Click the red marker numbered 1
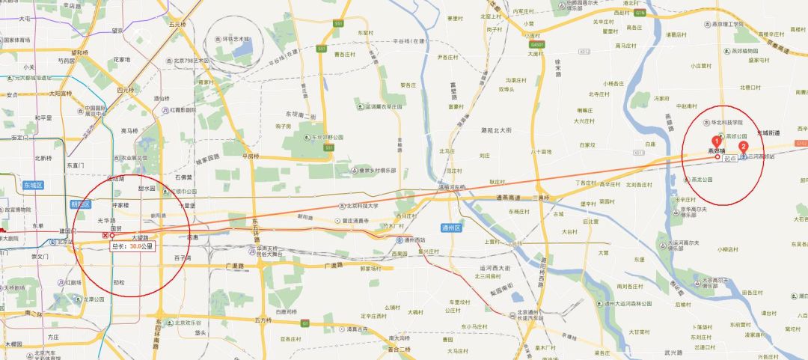point(716,141)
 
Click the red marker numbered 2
point(743,147)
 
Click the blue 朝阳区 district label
point(80,204)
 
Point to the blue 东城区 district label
point(34,184)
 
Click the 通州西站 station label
point(411,240)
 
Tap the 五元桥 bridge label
point(177,24)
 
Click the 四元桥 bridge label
point(125,90)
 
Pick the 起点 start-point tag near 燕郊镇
point(730,159)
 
